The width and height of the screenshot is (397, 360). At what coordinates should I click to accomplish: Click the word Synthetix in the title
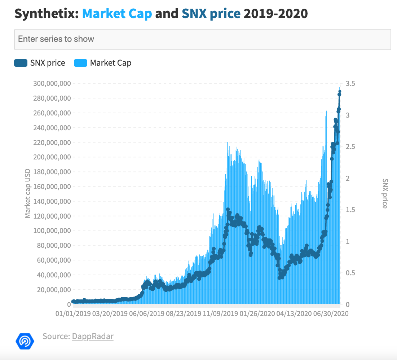[x=47, y=14]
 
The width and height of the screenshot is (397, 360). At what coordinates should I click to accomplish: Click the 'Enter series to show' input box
[x=203, y=39]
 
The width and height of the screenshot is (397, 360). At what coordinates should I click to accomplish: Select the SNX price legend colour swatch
[x=21, y=63]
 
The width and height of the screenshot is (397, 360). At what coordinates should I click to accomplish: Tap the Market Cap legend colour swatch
[x=80, y=63]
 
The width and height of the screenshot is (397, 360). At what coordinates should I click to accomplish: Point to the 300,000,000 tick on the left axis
[x=52, y=83]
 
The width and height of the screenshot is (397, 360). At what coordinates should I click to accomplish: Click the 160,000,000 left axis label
[x=52, y=186]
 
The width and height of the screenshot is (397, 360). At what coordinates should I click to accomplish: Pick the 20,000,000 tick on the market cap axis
[x=54, y=290]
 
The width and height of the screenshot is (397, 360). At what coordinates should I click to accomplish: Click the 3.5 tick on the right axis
[x=350, y=83]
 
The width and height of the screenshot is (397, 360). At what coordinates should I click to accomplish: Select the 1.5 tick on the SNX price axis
[x=350, y=210]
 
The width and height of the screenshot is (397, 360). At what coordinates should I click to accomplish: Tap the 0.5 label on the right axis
[x=350, y=273]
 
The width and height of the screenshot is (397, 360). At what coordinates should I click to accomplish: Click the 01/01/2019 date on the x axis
[x=73, y=313]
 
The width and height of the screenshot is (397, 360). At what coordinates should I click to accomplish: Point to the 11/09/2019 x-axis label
[x=221, y=313]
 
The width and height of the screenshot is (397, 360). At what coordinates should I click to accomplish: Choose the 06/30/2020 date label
[x=331, y=313]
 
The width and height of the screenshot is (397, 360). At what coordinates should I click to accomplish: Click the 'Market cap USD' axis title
[x=27, y=193]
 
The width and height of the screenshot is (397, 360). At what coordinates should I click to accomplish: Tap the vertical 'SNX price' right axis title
[x=385, y=194]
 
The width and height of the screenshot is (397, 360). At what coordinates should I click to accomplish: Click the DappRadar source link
[x=93, y=336]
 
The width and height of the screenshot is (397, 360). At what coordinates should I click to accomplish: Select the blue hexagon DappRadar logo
[x=25, y=341]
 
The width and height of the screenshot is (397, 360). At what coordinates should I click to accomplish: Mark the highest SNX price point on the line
[x=340, y=92]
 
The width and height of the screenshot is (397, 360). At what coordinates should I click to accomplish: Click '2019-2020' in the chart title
[x=276, y=14]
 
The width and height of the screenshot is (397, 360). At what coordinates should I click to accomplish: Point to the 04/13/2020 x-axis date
[x=294, y=313]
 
